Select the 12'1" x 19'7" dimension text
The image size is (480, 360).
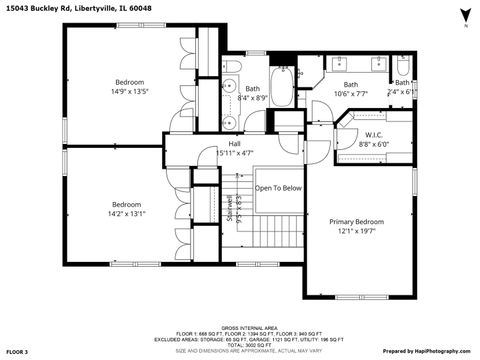pos(356,232)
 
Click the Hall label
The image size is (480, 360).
pos(234,144)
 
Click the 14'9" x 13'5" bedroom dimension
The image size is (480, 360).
pos(130,92)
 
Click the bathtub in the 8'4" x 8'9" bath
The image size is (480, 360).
pos(283,88)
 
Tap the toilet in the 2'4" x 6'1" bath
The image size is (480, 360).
pos(403,66)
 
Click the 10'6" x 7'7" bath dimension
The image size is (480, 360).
pos(351,95)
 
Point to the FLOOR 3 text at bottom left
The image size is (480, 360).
pos(19,352)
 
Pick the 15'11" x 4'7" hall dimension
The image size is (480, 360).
pos(234,154)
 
